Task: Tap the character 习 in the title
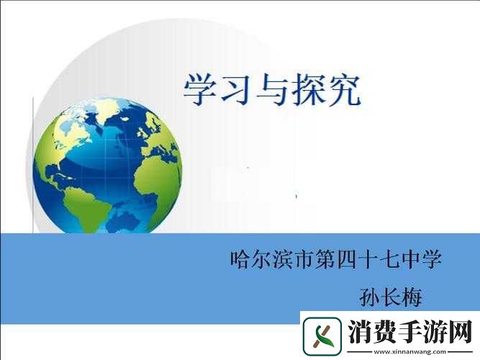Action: pos(237,88)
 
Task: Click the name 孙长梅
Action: pos(390,296)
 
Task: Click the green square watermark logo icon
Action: pos(323,336)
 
